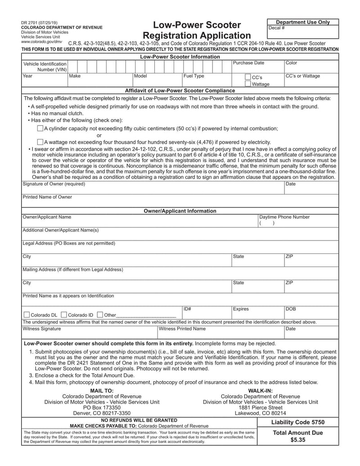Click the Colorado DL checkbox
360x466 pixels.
click(26, 315)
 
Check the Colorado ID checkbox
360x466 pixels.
click(63, 315)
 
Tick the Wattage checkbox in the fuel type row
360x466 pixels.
click(247, 84)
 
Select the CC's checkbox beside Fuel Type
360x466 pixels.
click(247, 77)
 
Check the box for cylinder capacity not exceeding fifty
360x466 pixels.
click(40, 128)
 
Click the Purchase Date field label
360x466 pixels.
click(248, 63)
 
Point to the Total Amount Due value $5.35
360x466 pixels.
click(298, 440)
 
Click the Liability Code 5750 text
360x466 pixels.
click(298, 422)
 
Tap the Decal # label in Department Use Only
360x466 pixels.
click(276, 28)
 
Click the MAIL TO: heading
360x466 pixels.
click(102, 390)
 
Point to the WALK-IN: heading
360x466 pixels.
click(260, 390)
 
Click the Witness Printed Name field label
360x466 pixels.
click(182, 329)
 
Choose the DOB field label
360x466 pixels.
click(291, 309)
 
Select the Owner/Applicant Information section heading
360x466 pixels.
click(180, 211)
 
